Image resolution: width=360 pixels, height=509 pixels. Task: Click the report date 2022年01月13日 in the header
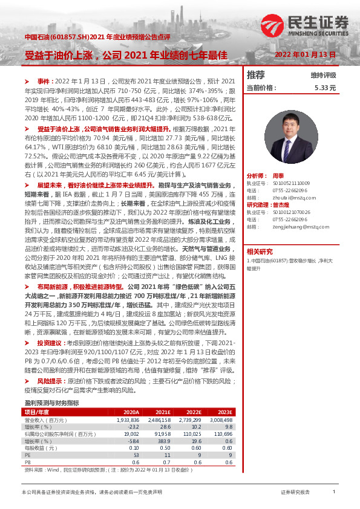click(305, 54)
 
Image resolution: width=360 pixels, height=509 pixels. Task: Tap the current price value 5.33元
click(324, 88)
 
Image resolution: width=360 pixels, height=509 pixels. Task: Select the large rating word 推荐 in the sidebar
click(256, 75)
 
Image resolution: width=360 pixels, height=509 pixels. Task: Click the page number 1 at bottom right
click(333, 493)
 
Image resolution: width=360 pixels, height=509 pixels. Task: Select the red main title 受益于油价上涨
click(62, 54)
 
